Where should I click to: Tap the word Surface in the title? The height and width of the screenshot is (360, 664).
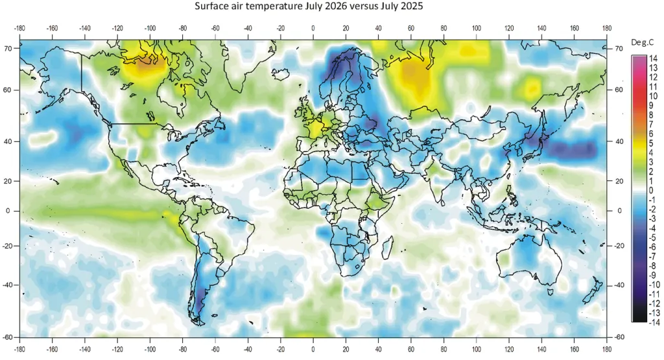tap(209, 6)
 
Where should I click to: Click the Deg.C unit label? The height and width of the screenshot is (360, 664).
tap(642, 43)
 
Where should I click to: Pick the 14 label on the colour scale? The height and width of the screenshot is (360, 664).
tap(654, 59)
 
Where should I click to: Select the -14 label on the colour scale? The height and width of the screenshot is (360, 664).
tap(654, 322)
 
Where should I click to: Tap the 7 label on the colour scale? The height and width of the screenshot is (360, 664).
tap(651, 125)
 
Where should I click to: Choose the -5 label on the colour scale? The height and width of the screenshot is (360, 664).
tap(652, 237)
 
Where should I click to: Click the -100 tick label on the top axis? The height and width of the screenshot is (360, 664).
tap(150, 29)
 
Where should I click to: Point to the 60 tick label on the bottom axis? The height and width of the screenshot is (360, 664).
tap(410, 350)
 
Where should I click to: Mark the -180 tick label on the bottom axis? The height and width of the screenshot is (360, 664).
tap(19, 350)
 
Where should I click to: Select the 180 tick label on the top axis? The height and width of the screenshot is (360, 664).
tap(607, 29)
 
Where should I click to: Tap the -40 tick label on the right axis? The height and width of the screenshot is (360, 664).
tap(619, 285)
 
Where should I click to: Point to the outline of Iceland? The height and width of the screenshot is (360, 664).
tap(281, 74)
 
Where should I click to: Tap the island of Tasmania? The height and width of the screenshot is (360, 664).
tap(551, 292)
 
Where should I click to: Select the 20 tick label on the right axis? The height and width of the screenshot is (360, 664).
tap(619, 181)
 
